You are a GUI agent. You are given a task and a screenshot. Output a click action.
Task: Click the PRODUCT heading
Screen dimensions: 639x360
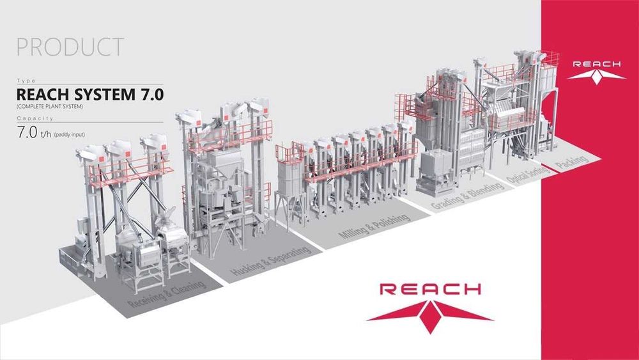coord(70,47)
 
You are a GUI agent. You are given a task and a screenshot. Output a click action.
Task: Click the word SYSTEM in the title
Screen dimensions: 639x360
coord(104,95)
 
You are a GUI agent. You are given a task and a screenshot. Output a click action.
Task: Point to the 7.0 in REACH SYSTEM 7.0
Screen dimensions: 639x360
coord(151,95)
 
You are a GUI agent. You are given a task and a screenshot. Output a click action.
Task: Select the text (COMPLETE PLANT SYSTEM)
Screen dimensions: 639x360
coord(50,107)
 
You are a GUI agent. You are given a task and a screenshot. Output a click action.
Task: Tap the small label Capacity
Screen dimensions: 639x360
coord(35,118)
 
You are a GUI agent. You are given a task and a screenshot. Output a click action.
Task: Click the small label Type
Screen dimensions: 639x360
coord(26,81)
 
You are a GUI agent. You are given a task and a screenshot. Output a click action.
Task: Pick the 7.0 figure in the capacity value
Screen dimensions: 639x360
coord(27,132)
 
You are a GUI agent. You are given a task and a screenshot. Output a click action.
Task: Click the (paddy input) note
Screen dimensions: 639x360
coord(69,134)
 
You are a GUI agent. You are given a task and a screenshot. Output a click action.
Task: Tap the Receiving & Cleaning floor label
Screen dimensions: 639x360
coord(167,294)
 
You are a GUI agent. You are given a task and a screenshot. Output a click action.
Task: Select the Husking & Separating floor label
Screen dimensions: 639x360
coord(270,260)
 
